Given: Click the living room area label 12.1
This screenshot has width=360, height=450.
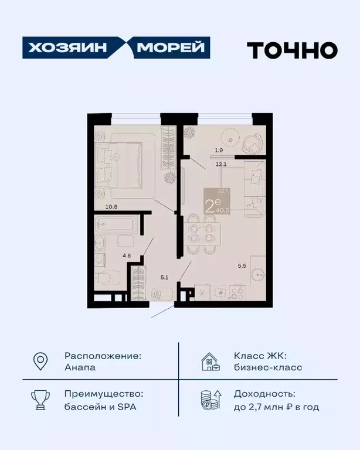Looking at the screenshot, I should (220, 164).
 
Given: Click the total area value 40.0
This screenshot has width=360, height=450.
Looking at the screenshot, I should (223, 209).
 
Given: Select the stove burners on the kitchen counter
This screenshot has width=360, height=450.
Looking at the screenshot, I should (239, 291).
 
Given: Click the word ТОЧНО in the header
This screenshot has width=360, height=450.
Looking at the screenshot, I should (291, 50).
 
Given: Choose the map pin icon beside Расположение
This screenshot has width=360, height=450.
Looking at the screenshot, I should (40, 362).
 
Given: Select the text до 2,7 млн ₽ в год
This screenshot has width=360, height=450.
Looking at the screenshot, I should (276, 407).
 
